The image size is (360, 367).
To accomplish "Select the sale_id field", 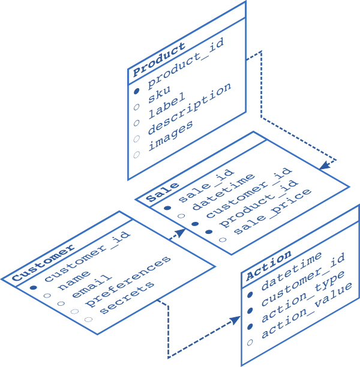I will pos(206,183).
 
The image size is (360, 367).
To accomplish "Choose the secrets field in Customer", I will pos(126,297).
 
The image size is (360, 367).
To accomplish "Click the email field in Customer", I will pos(92,286).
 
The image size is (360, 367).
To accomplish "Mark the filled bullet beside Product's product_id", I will pos(136,90).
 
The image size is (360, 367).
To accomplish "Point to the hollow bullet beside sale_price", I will pos(223,240).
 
